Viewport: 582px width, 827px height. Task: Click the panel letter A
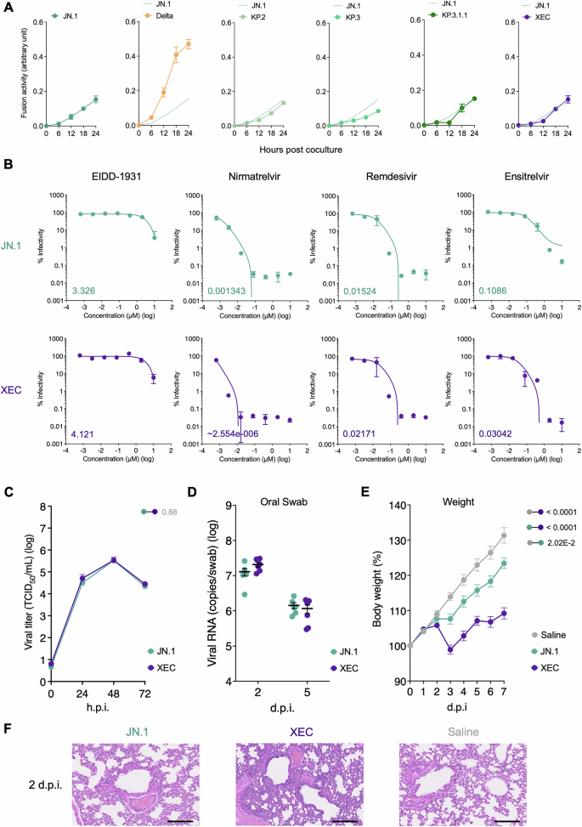pos(8,8)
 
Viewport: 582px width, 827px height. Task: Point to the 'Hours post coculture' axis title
pos(286,150)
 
